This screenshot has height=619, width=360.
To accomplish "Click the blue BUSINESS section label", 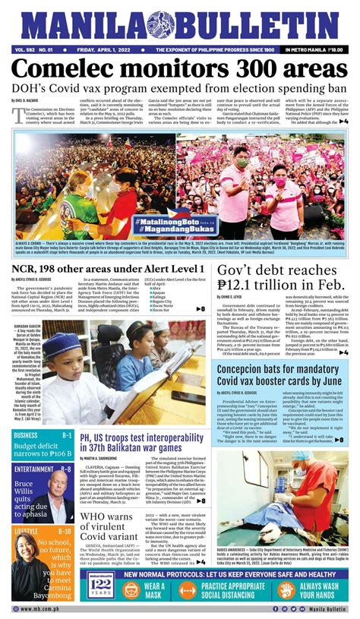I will click(x=32, y=434).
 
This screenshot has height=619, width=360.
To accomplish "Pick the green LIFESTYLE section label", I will click(x=27, y=530).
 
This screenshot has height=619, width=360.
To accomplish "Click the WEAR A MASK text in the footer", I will click(x=153, y=591).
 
